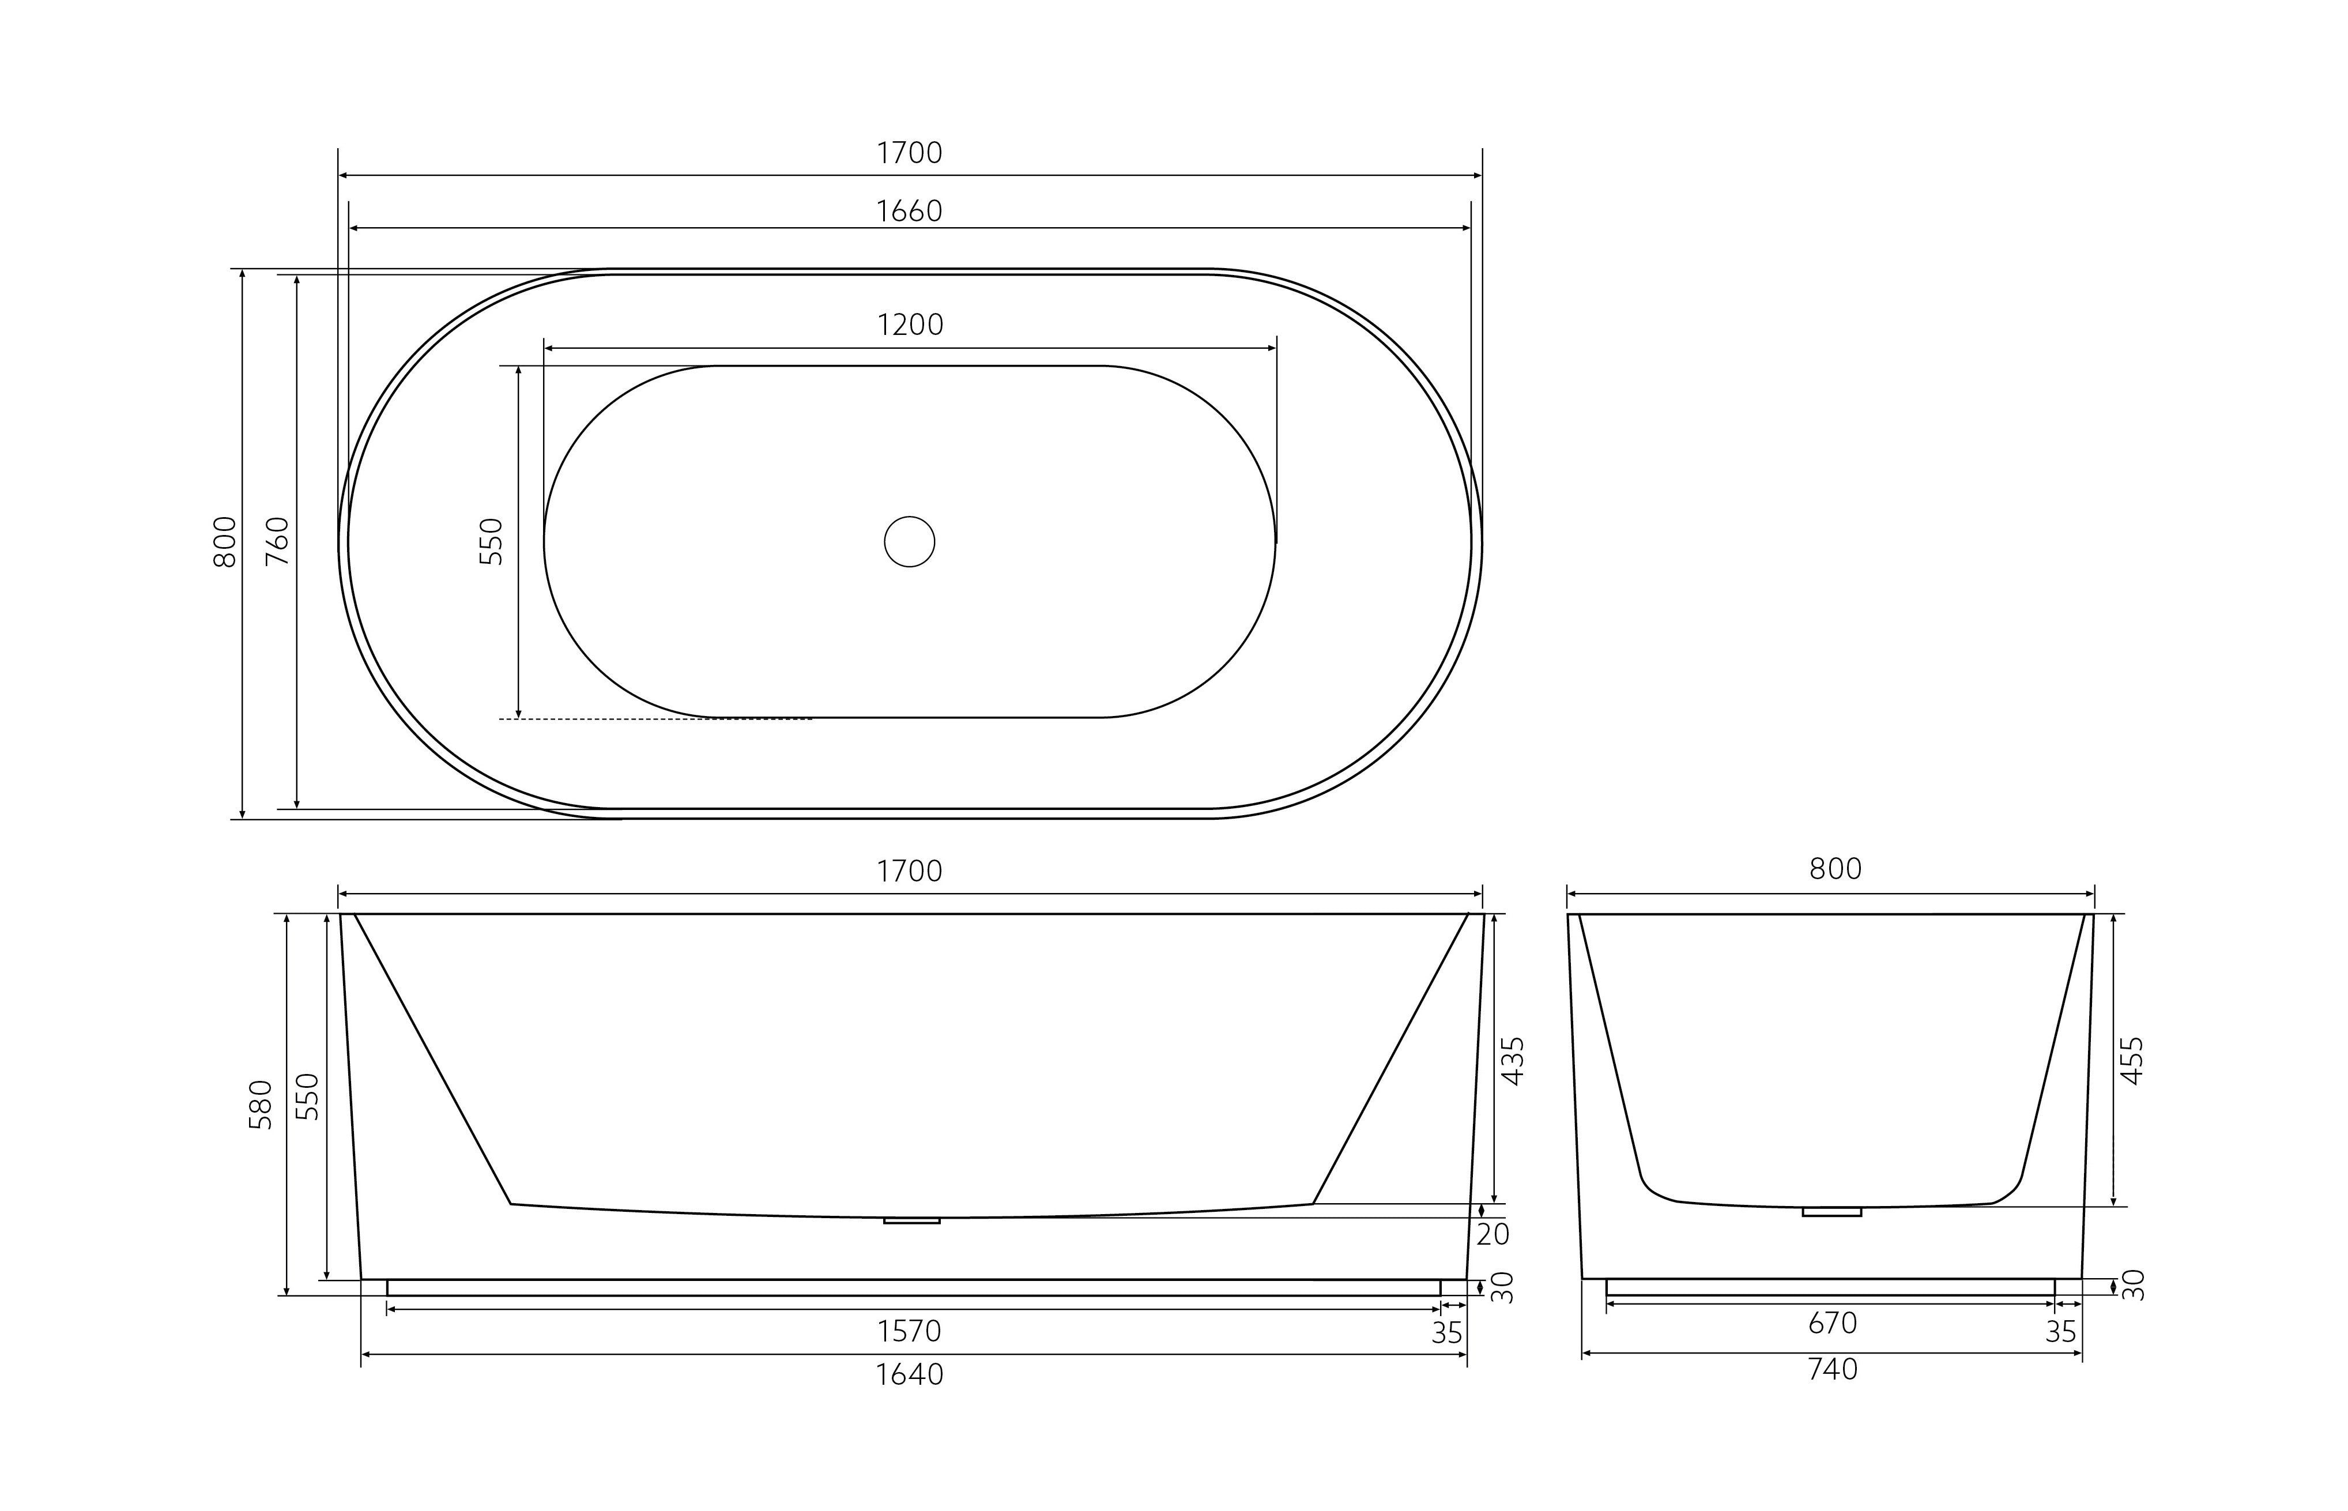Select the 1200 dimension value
[x=910, y=325]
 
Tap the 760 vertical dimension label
[x=278, y=541]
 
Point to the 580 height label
[x=260, y=1105]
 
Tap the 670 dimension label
[x=1832, y=1324]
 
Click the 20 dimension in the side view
[x=1493, y=1234]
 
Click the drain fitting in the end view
[x=1831, y=1212]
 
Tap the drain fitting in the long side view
[x=911, y=1220]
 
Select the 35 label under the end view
[x=2060, y=1332]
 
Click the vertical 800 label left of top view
[x=225, y=541]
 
